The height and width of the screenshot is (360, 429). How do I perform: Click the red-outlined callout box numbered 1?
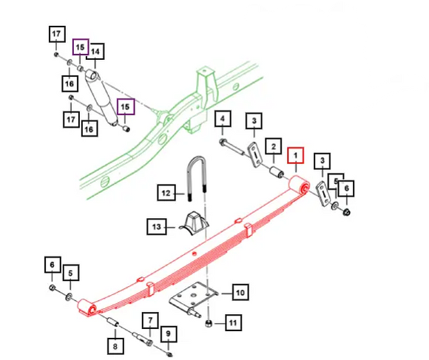[295, 155]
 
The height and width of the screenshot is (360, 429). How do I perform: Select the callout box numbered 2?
[274, 146]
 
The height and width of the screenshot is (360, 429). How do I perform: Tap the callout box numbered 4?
[223, 118]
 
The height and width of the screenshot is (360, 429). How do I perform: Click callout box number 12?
[166, 193]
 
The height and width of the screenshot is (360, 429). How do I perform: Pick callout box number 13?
[157, 227]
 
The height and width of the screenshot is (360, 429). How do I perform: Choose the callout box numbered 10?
[240, 293]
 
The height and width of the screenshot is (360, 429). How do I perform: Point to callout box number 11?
[234, 323]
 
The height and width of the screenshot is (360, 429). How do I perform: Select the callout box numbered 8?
[115, 347]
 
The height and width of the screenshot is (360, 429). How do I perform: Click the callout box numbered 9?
[168, 334]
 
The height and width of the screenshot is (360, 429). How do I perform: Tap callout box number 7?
[150, 320]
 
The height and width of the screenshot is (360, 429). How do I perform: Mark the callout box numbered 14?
[95, 52]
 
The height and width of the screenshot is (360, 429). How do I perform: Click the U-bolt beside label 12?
[196, 178]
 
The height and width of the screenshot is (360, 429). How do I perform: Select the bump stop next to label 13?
[195, 222]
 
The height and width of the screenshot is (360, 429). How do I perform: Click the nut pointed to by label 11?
[209, 324]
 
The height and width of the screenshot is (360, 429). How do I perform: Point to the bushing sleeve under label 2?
[277, 172]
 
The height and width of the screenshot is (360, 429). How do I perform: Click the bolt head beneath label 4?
[223, 142]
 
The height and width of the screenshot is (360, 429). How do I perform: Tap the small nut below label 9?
[169, 355]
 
